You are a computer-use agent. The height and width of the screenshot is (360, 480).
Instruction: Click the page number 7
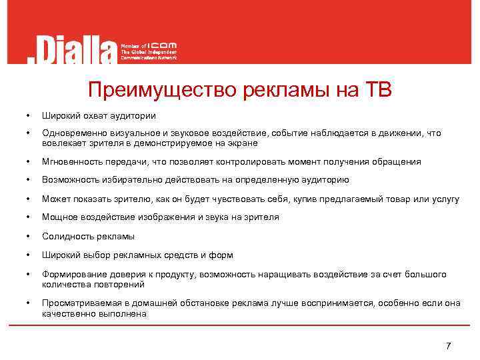click(x=448, y=346)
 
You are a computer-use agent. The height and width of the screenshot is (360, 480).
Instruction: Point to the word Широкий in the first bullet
click(x=59, y=115)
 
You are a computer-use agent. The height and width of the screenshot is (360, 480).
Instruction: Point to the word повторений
click(x=122, y=284)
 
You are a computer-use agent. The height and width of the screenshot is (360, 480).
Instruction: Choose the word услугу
click(x=444, y=199)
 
